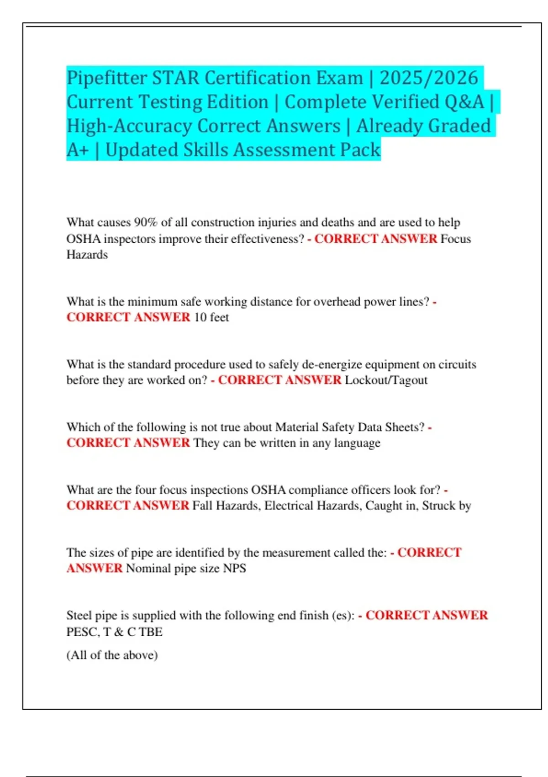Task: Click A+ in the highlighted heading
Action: pyautogui.click(x=77, y=150)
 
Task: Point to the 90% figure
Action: pyautogui.click(x=146, y=223)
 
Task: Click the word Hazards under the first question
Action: pyautogui.click(x=87, y=255)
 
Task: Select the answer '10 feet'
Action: pyautogui.click(x=211, y=317)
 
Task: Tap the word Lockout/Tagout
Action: pyautogui.click(x=386, y=380)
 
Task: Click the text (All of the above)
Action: pyautogui.click(x=112, y=655)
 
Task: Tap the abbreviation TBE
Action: pyautogui.click(x=151, y=632)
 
